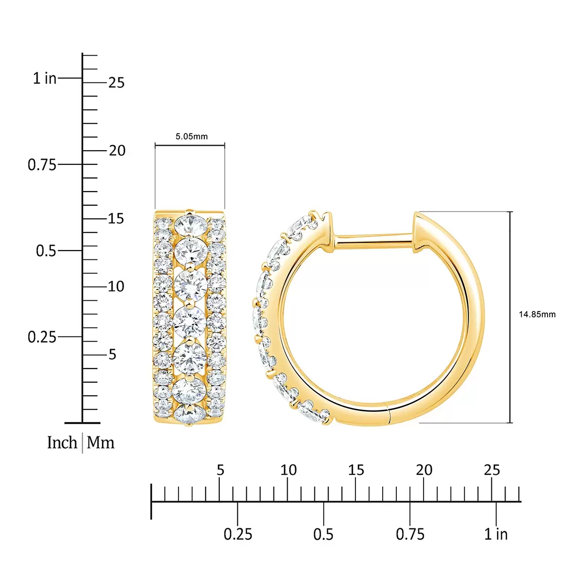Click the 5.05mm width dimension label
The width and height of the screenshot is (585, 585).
pyautogui.click(x=192, y=136)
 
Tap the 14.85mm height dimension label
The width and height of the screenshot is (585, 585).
pyautogui.click(x=537, y=314)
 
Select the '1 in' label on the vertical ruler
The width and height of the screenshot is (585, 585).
pyautogui.click(x=45, y=78)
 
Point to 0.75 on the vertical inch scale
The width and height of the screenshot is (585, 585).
pyautogui.click(x=42, y=165)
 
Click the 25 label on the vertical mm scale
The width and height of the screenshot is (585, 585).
pyautogui.click(x=117, y=82)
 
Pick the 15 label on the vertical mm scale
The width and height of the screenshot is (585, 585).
pyautogui.click(x=116, y=218)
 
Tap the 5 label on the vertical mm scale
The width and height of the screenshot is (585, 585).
pyautogui.click(x=112, y=354)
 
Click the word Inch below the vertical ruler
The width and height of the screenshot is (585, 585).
pyautogui.click(x=62, y=443)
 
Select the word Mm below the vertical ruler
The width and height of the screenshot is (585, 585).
pyautogui.click(x=100, y=443)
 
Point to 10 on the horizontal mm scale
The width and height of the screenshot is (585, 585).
pyautogui.click(x=289, y=470)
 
